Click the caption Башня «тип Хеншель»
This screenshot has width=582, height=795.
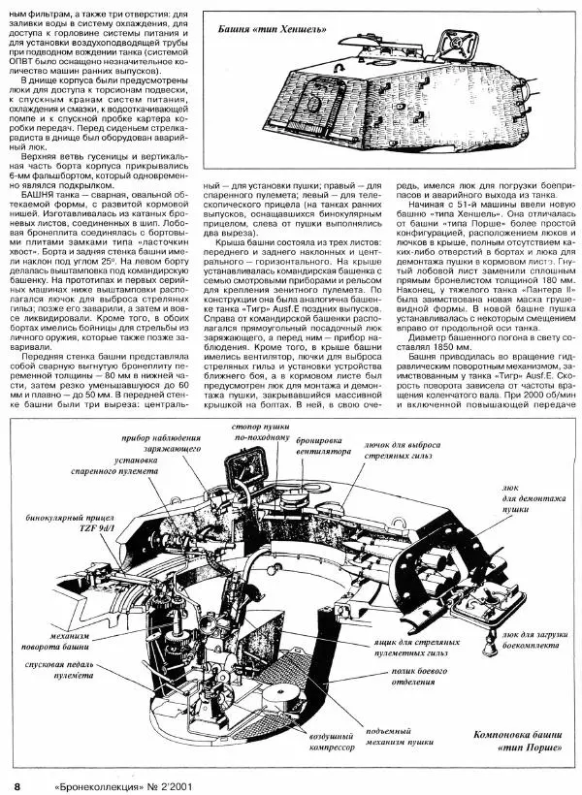[x=276, y=30]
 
